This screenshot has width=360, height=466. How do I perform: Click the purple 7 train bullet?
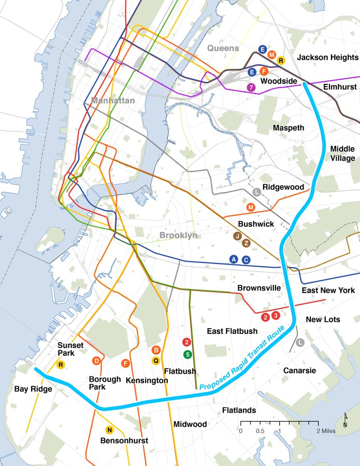pyautogui.click(x=252, y=88)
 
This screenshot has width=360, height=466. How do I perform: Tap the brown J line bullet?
pyautogui.click(x=237, y=236)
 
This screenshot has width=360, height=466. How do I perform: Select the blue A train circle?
pyautogui.click(x=234, y=259)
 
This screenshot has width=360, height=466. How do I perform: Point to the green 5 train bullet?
pyautogui.click(x=187, y=354)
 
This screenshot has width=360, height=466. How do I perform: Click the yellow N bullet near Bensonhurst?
pyautogui.click(x=109, y=430)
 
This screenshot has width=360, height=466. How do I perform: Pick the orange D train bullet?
pyautogui.click(x=96, y=361)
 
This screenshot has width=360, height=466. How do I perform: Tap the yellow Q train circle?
pyautogui.click(x=155, y=360)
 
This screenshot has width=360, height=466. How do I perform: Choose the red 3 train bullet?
pyautogui.click(x=276, y=315)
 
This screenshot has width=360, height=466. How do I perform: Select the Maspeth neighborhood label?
pyautogui.click(x=289, y=128)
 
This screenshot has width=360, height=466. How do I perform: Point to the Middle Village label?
pyautogui.click(x=342, y=154)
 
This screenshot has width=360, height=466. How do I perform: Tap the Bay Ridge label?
pyautogui.click(x=33, y=389)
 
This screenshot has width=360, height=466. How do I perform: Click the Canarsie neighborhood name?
pyautogui.click(x=299, y=371)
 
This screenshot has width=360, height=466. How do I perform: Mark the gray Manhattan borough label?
pyautogui.click(x=113, y=100)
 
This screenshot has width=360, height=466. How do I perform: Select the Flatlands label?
pyautogui.click(x=239, y=411)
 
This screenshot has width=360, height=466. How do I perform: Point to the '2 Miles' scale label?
pyautogui.click(x=326, y=431)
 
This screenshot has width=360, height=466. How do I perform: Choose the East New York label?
pyautogui.click(x=328, y=290)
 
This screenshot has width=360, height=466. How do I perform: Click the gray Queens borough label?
pyautogui.click(x=223, y=48)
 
